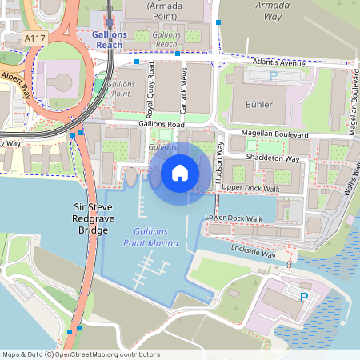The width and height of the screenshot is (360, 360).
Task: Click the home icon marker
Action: pyautogui.click(x=180, y=172)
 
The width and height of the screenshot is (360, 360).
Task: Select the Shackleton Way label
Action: pyautogui.click(x=274, y=158)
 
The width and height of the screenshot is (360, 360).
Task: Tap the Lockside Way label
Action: pyautogui.click(x=250, y=251)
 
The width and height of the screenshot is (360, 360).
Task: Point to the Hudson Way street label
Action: pyautogui.click(x=219, y=164)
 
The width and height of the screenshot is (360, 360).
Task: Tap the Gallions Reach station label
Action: pyautogui.click(x=109, y=40)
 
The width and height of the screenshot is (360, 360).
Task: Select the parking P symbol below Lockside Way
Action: pyautogui.click(x=303, y=297)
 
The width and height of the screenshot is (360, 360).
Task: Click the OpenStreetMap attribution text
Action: pyautogui.click(x=81, y=354)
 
